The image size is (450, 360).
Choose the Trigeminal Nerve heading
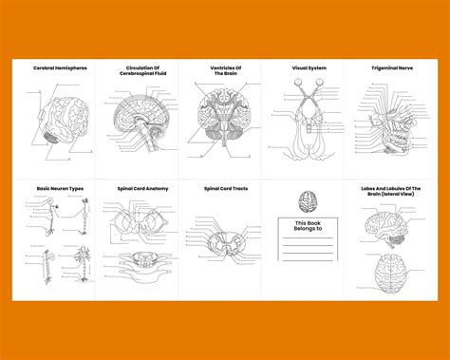390,68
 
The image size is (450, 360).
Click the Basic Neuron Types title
60,189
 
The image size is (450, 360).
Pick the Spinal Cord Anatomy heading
142,189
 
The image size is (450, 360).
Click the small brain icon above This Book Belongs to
307,201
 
